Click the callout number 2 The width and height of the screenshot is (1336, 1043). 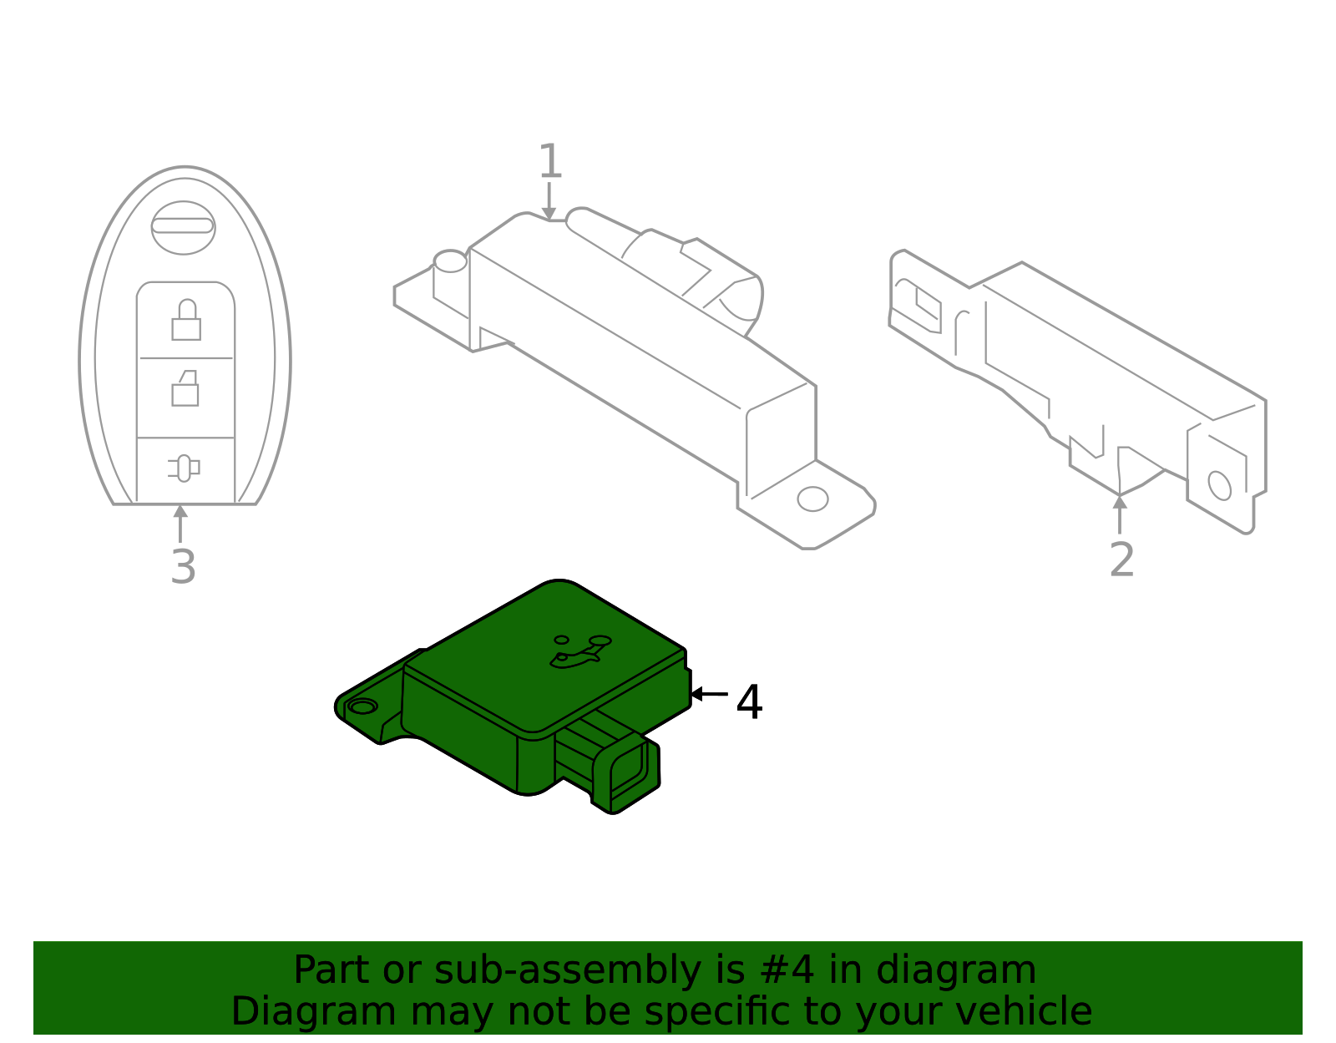click(x=1121, y=560)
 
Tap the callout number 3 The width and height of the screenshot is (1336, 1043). click(x=183, y=567)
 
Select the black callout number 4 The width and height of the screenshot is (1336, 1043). click(x=749, y=702)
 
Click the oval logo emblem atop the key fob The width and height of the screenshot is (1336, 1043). click(x=184, y=227)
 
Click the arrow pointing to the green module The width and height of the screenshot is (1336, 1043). click(x=707, y=694)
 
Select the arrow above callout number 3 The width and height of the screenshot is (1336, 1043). click(x=180, y=523)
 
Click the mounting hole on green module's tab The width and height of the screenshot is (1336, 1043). click(x=362, y=707)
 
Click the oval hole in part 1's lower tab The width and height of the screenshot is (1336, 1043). click(x=812, y=499)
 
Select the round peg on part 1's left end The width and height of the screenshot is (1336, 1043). click(x=450, y=261)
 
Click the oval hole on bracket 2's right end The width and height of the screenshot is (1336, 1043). click(x=1219, y=485)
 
